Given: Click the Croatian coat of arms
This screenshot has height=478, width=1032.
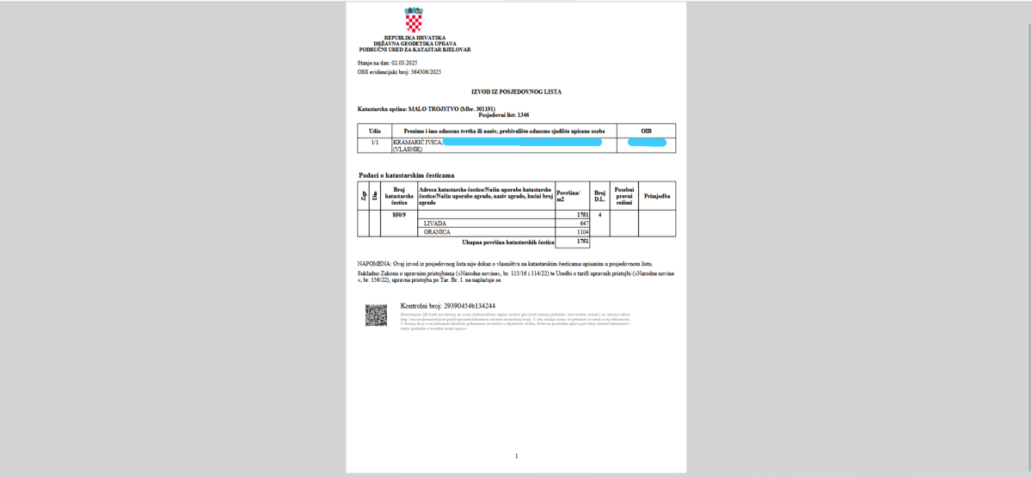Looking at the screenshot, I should [x=414, y=21].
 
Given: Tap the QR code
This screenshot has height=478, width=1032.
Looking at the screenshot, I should [x=376, y=316].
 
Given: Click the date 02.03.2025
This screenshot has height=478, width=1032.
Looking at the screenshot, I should [x=402, y=63].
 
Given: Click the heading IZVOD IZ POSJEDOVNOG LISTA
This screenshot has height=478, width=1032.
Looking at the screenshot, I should [x=516, y=90].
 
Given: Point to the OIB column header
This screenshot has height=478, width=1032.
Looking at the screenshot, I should [x=646, y=131].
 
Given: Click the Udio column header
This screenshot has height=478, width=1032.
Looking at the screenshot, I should [x=374, y=131].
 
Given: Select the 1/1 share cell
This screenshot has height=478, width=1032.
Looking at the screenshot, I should [x=374, y=141].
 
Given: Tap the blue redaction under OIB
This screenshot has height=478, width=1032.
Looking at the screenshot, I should [x=647, y=142].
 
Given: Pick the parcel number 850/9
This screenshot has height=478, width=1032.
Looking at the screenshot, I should [x=398, y=215].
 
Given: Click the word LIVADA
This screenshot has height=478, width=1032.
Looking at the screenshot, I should [x=436, y=224].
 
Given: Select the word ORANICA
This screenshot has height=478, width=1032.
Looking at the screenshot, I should [x=438, y=232].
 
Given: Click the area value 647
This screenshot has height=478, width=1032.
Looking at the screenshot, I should [x=583, y=224].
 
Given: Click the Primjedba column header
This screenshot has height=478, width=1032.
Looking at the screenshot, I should [x=657, y=196].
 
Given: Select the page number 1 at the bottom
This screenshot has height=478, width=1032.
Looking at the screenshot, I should [x=516, y=455].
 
